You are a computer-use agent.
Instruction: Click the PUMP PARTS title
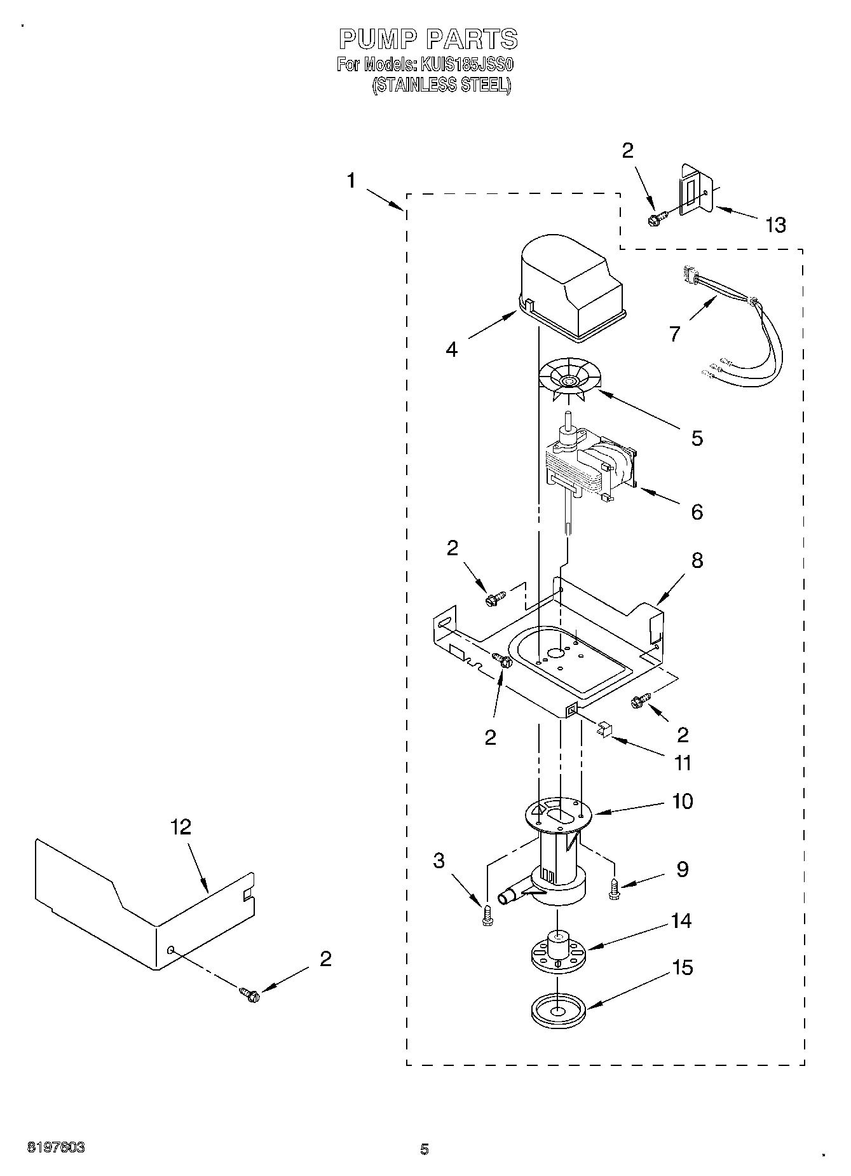(x=428, y=39)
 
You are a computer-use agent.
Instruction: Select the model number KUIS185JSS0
(x=465, y=65)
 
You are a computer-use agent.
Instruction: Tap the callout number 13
(x=775, y=225)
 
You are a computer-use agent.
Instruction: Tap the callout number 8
(x=697, y=560)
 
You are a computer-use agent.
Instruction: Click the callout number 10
(x=683, y=801)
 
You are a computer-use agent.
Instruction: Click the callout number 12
(x=180, y=827)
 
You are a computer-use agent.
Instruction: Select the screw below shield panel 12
(x=249, y=993)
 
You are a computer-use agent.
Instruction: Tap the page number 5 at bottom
(x=424, y=1149)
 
